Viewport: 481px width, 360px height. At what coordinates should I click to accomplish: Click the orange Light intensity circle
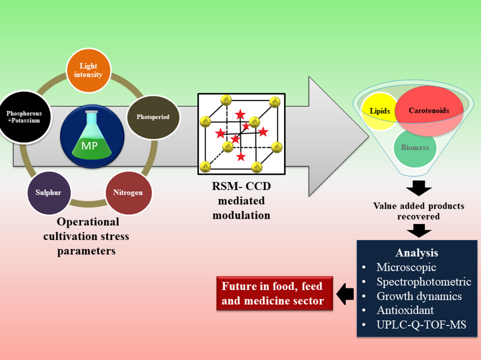[88, 71]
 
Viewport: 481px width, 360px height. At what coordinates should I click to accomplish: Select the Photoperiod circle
[153, 117]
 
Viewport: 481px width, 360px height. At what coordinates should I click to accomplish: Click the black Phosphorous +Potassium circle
[24, 117]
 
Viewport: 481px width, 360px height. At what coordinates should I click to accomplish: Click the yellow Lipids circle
[379, 111]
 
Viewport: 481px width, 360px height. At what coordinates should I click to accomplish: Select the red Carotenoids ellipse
[428, 110]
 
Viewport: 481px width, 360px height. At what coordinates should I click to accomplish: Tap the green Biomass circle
[415, 147]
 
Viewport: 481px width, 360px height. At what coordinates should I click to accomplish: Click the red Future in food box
[275, 293]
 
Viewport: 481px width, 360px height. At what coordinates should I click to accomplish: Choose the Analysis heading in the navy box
[416, 253]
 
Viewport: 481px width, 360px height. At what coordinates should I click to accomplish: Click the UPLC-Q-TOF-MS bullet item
[421, 324]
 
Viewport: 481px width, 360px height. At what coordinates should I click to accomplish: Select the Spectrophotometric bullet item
[424, 282]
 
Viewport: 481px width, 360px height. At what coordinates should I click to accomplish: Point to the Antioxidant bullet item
[405, 310]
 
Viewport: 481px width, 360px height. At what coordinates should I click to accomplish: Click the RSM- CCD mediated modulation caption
[241, 201]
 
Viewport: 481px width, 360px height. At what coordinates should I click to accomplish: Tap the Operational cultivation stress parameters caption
[88, 236]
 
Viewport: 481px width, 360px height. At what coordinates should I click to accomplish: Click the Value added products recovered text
[418, 211]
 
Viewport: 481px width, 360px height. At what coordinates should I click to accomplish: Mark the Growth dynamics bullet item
[419, 296]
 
